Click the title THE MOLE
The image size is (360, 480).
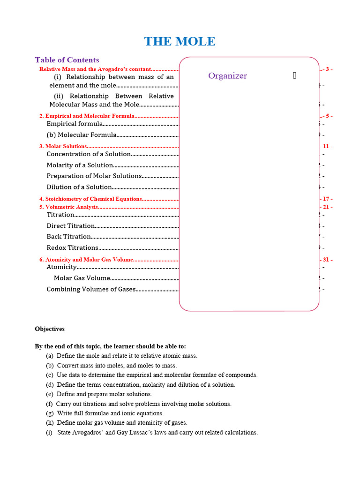point(180,41)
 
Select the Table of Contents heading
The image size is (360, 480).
point(67,60)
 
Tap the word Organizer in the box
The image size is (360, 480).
point(227,76)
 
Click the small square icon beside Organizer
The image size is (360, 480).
point(294,75)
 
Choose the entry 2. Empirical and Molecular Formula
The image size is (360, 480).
point(87,116)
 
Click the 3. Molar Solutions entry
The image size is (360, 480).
point(63,146)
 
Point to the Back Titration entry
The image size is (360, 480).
point(68,237)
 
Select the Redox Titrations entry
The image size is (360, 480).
point(72,247)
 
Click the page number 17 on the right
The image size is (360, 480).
point(326,199)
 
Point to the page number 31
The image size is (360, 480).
point(326,259)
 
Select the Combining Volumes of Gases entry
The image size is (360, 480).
point(90,289)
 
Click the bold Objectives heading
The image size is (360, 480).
point(50,329)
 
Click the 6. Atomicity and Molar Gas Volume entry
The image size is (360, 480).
point(86,259)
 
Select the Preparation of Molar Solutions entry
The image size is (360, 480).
point(94,176)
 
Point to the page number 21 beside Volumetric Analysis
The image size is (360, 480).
point(326,207)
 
